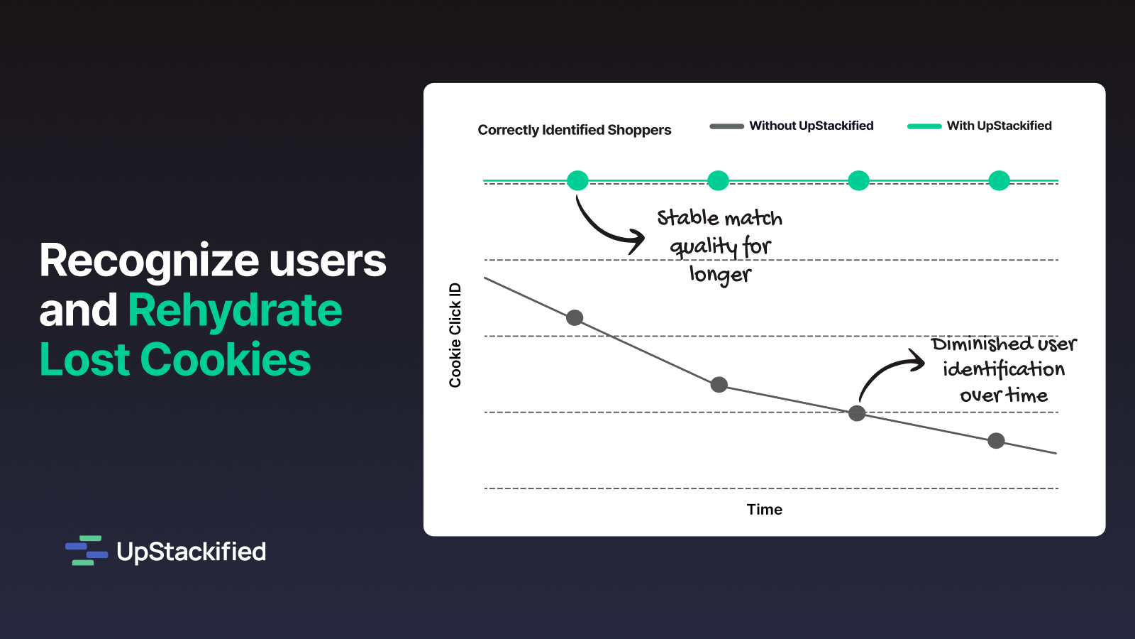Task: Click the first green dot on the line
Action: pos(577,180)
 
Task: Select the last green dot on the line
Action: pos(1000,180)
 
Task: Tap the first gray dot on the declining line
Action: pos(575,318)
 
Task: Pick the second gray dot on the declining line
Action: pos(719,385)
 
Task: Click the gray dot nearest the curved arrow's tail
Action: pos(857,413)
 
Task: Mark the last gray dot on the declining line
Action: pos(996,441)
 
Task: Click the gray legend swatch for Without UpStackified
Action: pos(726,126)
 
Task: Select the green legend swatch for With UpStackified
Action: pos(924,126)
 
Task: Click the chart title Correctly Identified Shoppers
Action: pos(574,131)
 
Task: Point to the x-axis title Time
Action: pos(764,509)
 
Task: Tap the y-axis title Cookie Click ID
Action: pos(455,335)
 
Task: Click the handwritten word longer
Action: pos(720,275)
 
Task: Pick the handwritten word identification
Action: pos(1004,368)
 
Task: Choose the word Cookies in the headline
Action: pos(226,359)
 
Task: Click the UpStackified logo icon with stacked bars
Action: pos(87,550)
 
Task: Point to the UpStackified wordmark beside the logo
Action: pos(191,552)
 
